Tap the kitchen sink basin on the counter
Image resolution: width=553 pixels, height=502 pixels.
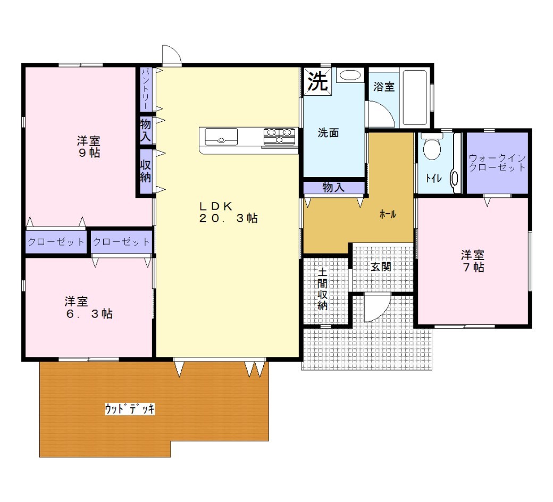click(x=221, y=137)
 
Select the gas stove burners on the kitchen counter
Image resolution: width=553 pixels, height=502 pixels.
click(x=279, y=136)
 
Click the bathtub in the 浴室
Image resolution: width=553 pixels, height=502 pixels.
click(x=415, y=97)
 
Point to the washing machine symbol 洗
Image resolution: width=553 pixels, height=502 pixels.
click(x=318, y=81)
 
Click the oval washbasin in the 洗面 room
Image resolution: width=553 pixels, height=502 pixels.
click(x=350, y=75)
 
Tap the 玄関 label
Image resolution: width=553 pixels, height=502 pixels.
click(x=381, y=267)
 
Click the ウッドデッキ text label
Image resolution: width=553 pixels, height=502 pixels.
click(x=130, y=409)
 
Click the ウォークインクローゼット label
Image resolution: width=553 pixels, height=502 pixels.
click(x=497, y=163)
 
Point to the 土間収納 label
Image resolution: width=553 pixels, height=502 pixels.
click(x=322, y=289)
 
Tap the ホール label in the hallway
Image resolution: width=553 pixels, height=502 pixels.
click(x=388, y=214)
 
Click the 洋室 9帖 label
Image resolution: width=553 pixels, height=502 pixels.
click(x=88, y=147)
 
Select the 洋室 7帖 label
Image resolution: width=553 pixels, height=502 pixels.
click(x=473, y=261)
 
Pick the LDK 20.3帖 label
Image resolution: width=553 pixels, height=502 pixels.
click(x=228, y=212)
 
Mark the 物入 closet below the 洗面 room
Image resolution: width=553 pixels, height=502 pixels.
click(x=333, y=187)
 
